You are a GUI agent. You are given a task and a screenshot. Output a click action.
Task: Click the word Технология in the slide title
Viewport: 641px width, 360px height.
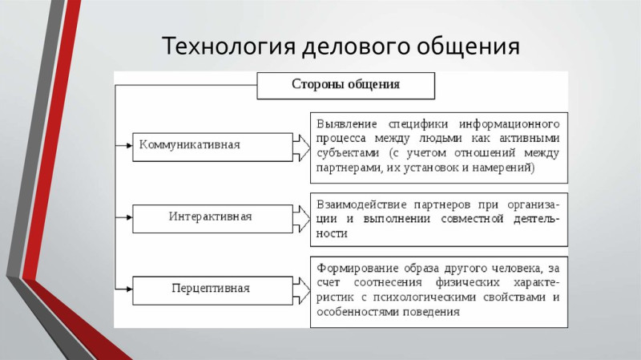click(x=228, y=46)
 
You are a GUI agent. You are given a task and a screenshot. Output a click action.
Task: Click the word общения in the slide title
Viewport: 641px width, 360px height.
click(x=468, y=46)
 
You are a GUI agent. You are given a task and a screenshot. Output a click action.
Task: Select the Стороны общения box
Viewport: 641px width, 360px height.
click(x=346, y=86)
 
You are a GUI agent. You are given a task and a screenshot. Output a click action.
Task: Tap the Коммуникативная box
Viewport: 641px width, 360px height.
click(x=212, y=147)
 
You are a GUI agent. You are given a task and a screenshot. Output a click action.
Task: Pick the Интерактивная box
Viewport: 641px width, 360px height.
click(x=212, y=219)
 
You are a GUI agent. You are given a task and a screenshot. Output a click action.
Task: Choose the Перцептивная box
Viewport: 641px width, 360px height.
click(x=212, y=291)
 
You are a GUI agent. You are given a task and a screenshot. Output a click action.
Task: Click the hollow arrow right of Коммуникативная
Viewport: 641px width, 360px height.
click(x=302, y=148)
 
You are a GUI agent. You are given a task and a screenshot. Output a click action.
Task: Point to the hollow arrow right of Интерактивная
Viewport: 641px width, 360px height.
click(x=302, y=219)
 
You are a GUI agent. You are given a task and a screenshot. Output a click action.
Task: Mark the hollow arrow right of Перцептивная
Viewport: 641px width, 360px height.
click(x=302, y=291)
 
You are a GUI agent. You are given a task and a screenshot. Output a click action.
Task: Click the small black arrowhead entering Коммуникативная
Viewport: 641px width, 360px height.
click(x=130, y=145)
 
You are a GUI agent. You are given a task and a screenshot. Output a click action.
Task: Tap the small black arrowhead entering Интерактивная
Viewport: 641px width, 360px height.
click(x=130, y=217)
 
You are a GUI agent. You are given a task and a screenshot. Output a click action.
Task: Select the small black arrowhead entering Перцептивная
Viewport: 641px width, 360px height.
click(x=130, y=289)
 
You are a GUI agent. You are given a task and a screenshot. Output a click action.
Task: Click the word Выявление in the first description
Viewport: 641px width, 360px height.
click(x=347, y=124)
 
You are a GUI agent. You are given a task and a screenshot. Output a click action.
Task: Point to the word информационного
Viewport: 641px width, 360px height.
click(x=509, y=124)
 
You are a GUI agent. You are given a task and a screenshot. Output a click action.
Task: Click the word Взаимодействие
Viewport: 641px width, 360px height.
click(x=361, y=204)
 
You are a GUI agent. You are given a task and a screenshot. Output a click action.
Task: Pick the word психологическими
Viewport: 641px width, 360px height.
click(x=425, y=297)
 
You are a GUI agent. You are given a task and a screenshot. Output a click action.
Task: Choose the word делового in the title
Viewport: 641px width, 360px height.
click(x=356, y=47)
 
